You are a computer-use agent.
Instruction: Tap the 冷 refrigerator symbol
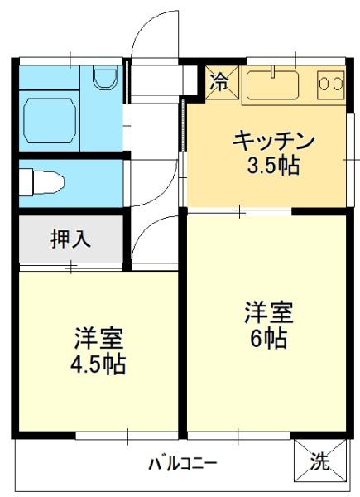(x=220, y=82)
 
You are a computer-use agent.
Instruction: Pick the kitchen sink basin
(x=273, y=84)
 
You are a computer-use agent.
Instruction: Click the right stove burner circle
(x=337, y=83)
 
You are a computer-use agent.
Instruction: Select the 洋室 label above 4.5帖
(x=99, y=339)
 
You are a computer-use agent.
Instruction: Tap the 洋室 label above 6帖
(x=266, y=313)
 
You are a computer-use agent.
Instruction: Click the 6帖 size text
(x=266, y=339)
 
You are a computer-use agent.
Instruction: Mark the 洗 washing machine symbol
(x=318, y=462)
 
